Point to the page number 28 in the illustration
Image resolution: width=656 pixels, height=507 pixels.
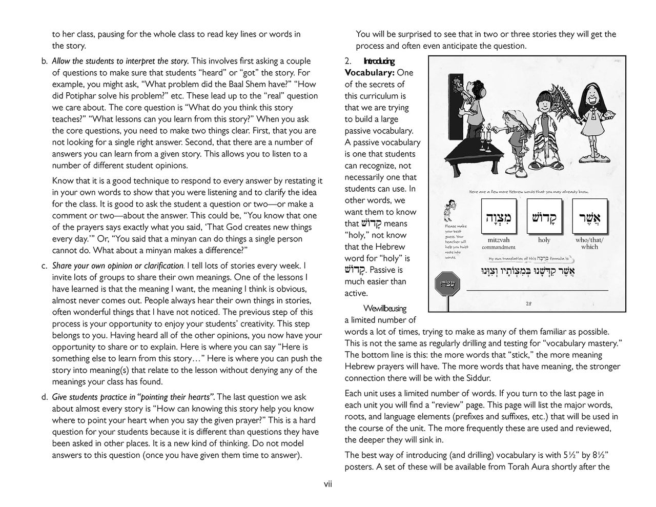[529, 303]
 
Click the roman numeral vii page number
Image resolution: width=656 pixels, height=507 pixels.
[327, 484]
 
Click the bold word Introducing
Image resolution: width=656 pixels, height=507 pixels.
[379, 62]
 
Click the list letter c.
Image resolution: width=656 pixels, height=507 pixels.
[44, 266]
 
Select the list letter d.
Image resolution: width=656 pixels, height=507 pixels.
[44, 397]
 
